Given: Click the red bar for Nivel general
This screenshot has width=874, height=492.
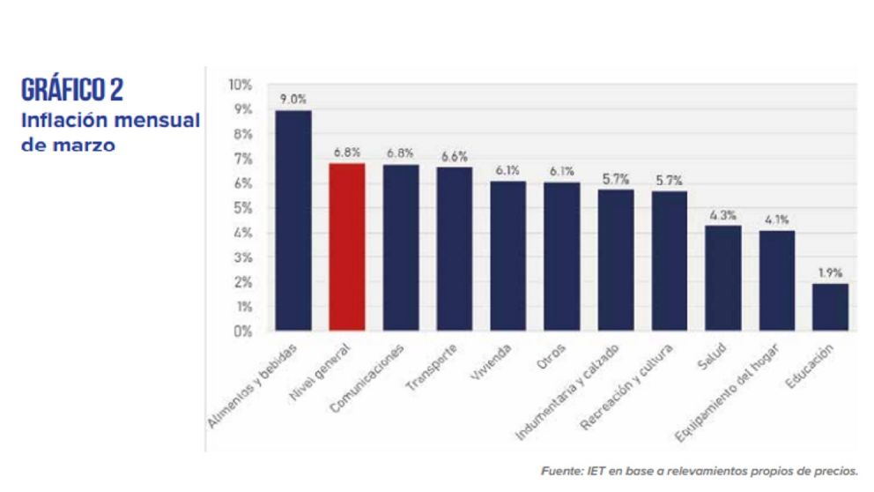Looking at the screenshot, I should pyautogui.click(x=346, y=247).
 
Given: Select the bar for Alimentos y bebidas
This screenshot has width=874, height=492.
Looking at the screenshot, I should pyautogui.click(x=293, y=220).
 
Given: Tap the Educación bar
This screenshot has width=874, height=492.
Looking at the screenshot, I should pyautogui.click(x=830, y=307).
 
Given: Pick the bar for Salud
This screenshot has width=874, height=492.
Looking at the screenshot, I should pyautogui.click(x=722, y=278).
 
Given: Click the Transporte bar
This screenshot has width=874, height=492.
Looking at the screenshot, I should pyautogui.click(x=454, y=249).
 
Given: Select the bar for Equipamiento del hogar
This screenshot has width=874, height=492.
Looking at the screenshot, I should pyautogui.click(x=776, y=280).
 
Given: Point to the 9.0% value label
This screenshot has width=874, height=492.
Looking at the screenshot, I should pyautogui.click(x=293, y=100).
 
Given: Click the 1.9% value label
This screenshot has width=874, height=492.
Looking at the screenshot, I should pyautogui.click(x=830, y=272).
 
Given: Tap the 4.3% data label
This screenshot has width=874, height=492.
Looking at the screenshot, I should pyautogui.click(x=722, y=214).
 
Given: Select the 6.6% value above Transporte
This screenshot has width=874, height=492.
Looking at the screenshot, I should pyautogui.click(x=454, y=156).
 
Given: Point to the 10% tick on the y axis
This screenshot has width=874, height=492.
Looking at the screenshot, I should pyautogui.click(x=240, y=85).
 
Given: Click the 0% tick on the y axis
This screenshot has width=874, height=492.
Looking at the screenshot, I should pyautogui.click(x=242, y=332).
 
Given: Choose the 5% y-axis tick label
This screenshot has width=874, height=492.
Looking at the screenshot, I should pyautogui.click(x=242, y=208).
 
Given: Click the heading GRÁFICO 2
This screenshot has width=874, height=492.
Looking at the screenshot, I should pyautogui.click(x=72, y=91).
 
